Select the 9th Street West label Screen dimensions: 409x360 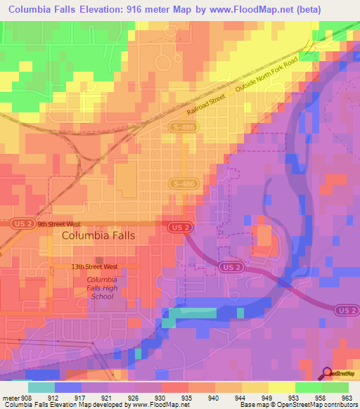60,224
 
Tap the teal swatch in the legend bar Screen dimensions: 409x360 41,387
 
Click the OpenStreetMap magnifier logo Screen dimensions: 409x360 328,373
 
